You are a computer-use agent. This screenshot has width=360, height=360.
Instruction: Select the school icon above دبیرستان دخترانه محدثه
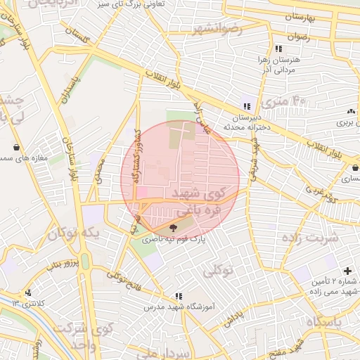[245, 106]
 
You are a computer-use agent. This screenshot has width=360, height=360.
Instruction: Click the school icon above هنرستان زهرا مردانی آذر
[278, 49]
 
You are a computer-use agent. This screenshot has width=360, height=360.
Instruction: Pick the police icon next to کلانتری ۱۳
[28, 292]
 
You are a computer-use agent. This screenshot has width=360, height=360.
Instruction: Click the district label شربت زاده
[310, 237]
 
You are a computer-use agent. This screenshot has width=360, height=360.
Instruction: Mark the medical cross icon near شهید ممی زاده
[347, 271]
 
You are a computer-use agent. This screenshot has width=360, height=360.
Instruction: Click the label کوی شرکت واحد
[74, 336]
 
